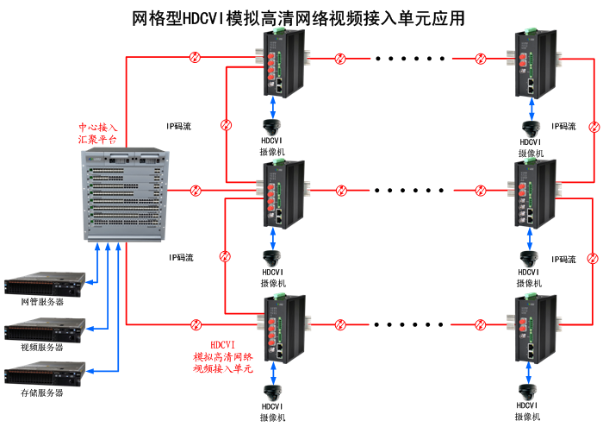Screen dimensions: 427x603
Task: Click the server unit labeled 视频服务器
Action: [47, 330]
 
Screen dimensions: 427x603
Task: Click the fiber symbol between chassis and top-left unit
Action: [196, 59]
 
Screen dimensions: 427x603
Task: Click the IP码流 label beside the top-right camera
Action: [563, 126]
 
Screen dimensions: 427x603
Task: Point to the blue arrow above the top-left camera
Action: [273, 106]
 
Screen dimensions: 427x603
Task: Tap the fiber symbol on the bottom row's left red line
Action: [196, 325]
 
